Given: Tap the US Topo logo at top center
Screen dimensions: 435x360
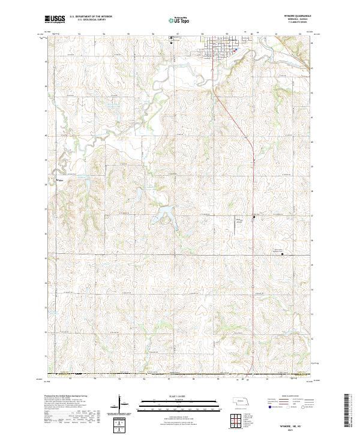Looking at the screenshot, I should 177,20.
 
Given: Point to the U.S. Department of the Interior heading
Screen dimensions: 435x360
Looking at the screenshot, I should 91,17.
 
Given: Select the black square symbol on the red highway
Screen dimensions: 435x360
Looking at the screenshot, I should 254,216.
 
